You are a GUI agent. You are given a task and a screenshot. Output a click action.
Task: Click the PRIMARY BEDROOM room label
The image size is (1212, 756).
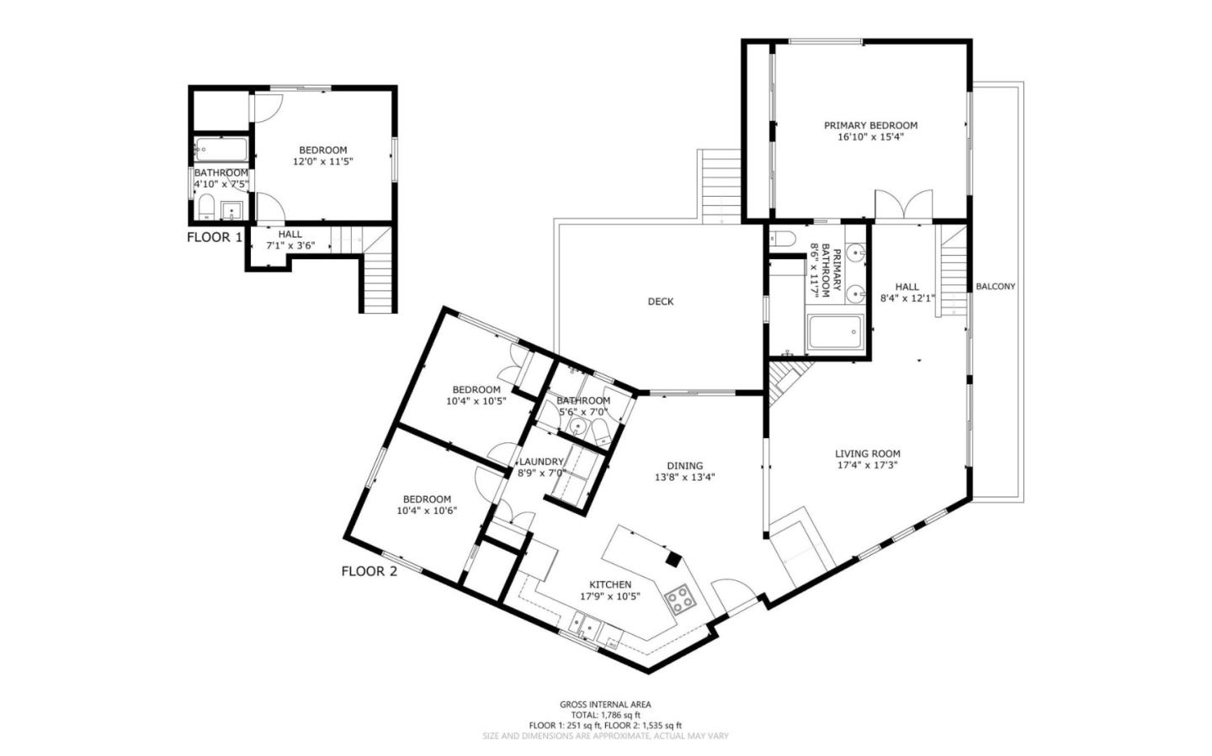click(870, 125)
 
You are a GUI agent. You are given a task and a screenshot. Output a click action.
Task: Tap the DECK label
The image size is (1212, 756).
click(661, 302)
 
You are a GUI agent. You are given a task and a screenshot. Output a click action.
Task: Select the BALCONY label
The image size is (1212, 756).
click(995, 287)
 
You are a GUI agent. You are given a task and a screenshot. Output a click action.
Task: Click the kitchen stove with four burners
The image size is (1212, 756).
click(680, 600)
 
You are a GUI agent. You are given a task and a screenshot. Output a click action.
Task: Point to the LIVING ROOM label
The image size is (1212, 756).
click(868, 454)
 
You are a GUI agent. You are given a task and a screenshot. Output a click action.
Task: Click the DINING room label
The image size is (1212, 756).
click(684, 466)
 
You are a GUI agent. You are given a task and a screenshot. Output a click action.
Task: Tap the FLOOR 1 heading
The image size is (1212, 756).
click(214, 237)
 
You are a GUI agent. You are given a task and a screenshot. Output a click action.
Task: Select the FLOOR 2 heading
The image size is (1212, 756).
click(369, 572)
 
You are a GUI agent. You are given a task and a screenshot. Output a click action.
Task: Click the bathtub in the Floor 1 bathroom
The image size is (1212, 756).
click(221, 151)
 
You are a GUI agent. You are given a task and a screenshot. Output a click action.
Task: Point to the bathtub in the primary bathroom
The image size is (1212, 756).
click(834, 334)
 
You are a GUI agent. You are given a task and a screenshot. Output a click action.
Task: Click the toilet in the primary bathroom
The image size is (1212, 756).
click(780, 238)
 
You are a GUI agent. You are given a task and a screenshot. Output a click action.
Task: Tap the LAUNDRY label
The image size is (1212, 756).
click(541, 462)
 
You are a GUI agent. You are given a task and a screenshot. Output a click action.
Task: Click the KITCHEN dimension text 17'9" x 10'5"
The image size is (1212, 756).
click(610, 596)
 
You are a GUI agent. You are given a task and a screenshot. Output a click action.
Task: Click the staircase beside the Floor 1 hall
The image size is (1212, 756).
click(379, 269)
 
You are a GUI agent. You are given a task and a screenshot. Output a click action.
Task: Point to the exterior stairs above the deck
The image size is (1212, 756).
click(720, 185)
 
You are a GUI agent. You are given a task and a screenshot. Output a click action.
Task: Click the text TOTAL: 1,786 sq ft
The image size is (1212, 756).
click(605, 715)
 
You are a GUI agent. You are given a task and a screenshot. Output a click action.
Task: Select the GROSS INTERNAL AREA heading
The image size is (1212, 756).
click(605, 705)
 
